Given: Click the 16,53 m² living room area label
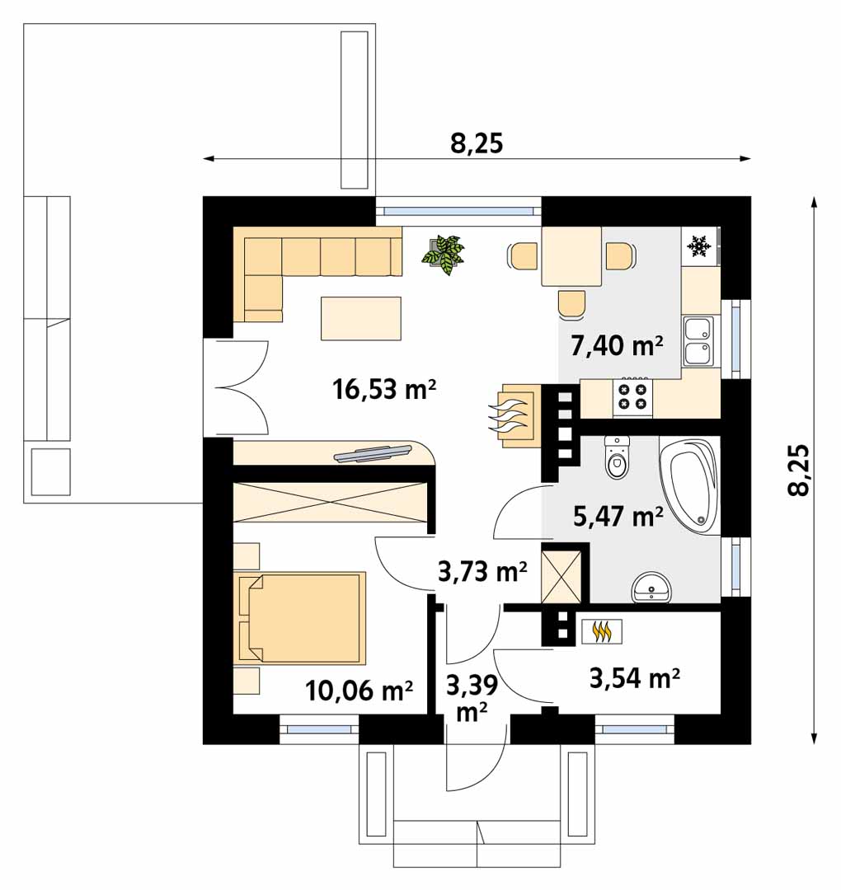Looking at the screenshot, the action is pos(384,390).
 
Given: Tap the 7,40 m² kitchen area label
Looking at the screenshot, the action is pos(617,345).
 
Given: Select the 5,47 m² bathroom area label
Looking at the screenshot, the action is pos(618,517).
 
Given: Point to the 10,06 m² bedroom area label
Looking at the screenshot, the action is pos(359,691).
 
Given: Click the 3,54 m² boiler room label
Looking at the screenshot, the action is pos(635,677).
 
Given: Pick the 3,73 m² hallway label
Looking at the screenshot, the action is pos(482,572).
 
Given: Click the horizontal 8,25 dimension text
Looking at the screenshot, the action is pos(477,143).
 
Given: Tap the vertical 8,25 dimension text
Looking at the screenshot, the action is pos(798,470).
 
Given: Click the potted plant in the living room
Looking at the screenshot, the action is pos(443,255).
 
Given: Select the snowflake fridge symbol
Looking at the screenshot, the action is pos(699,247).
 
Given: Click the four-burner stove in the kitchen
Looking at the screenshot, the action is pos(632,396).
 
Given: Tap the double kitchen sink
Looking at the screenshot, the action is pos(698,341).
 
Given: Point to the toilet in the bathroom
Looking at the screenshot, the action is pos(618,457).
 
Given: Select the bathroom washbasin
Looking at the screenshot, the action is pos(652,587).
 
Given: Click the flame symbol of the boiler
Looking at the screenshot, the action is pos(601,631).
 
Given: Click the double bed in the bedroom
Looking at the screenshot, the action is pos(299,617).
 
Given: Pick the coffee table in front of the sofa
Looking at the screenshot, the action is pos(361,318).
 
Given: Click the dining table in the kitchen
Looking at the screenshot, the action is pos(572,256).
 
